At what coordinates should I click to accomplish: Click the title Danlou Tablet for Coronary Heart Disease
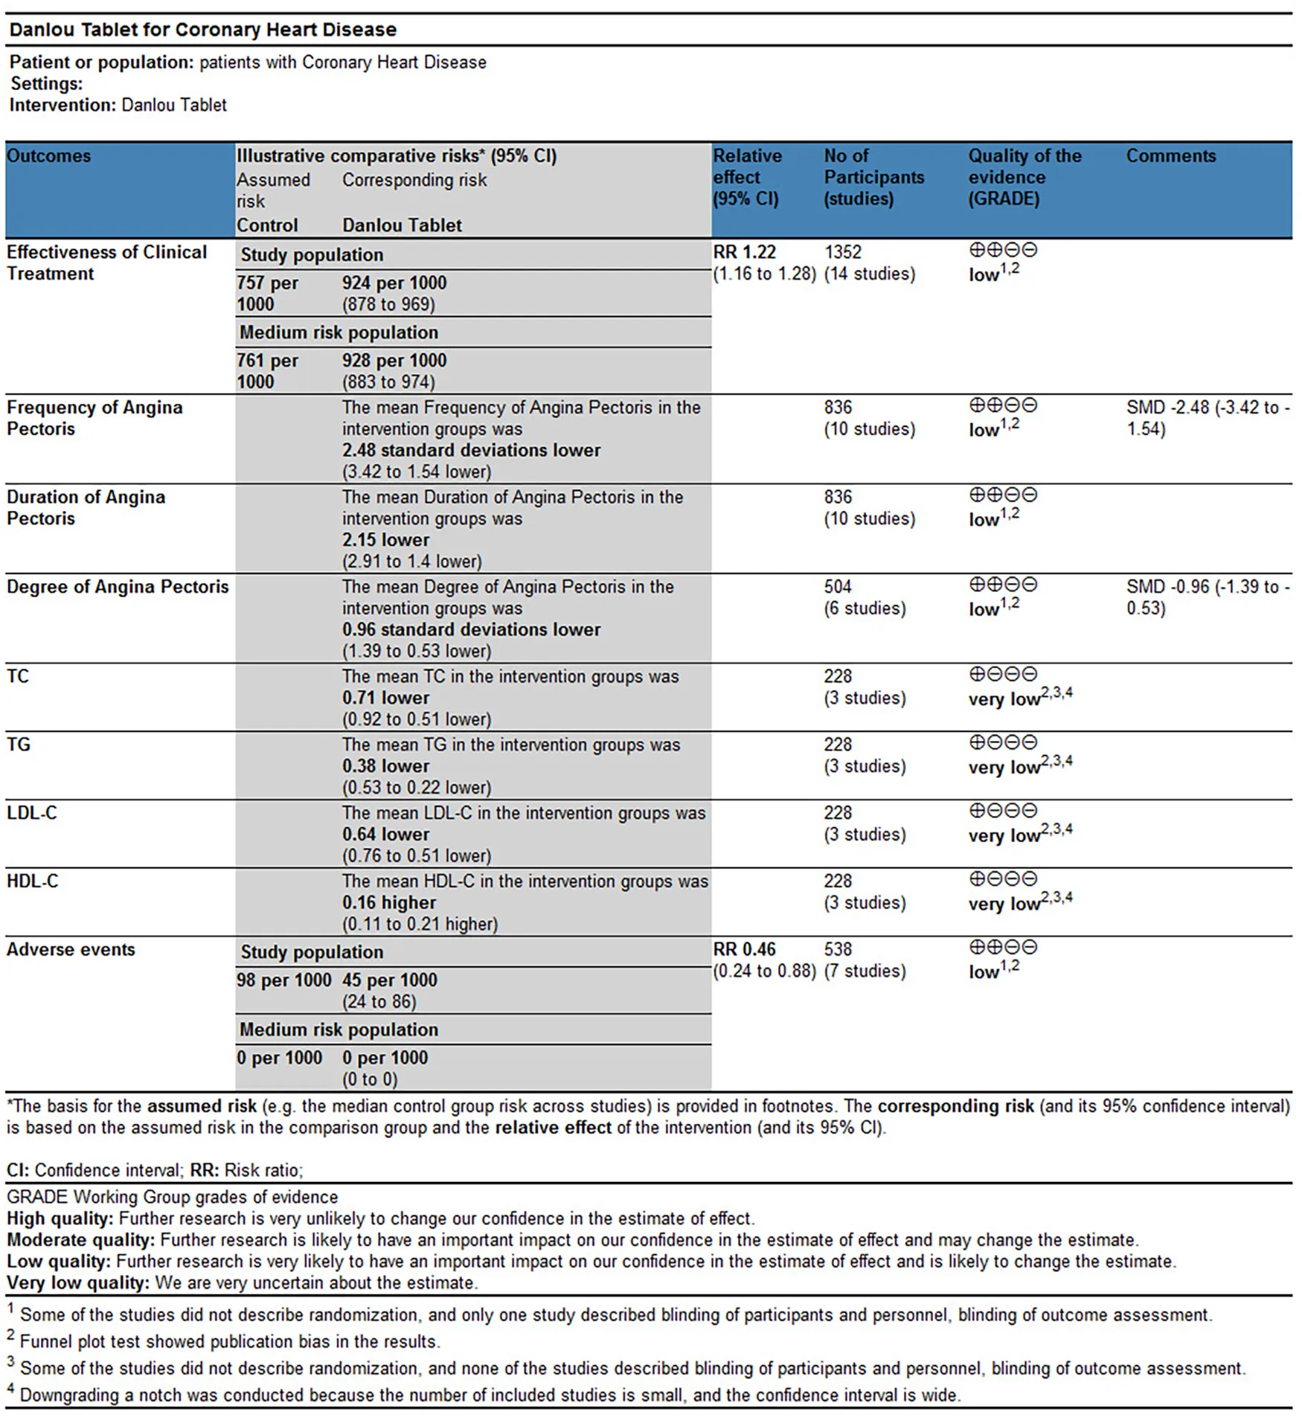[202, 30]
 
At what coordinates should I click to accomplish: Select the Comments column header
[1170, 156]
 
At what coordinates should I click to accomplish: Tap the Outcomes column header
[49, 156]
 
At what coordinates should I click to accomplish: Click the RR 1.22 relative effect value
[744, 252]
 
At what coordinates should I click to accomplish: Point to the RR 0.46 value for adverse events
[744, 950]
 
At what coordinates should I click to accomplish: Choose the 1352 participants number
[842, 252]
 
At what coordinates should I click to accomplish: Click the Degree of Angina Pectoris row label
[118, 587]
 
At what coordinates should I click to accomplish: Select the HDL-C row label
[32, 881]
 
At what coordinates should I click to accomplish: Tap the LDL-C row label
[32, 813]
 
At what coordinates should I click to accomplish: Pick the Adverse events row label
[71, 950]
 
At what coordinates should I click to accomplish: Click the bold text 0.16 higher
[389, 903]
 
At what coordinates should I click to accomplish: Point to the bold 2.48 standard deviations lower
[471, 451]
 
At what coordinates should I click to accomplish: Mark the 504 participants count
[838, 587]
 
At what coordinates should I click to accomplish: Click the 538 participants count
[838, 950]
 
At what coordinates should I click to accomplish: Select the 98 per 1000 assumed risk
[283, 980]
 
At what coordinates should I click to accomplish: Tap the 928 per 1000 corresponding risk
[394, 361]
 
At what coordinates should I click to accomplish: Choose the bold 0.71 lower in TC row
[385, 698]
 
